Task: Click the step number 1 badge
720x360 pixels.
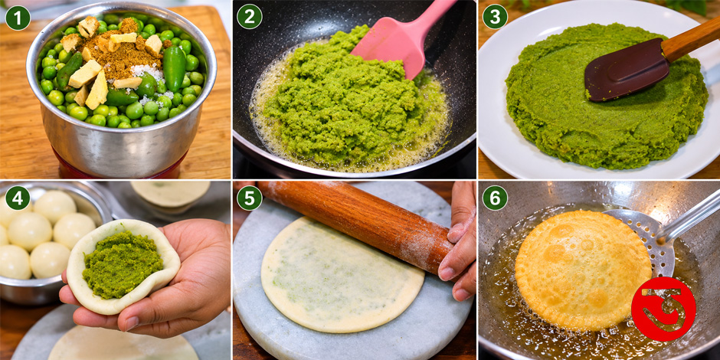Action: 18,18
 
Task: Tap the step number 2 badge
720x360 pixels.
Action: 250,18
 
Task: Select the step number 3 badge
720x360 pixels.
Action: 495,18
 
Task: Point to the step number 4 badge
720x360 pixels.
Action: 18,198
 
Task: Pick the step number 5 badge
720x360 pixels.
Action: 250,198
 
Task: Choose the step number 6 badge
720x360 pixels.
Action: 495,198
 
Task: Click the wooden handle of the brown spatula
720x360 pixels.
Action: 691,38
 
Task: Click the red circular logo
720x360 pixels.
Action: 663,309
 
